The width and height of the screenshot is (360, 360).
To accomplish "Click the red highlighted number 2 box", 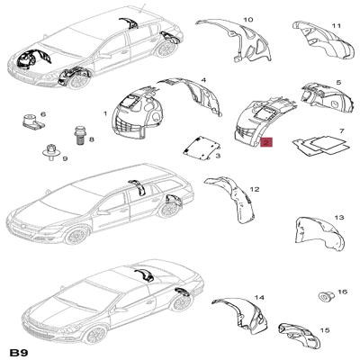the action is [x=266, y=142].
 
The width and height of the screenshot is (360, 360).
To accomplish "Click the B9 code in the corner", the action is [x=20, y=352].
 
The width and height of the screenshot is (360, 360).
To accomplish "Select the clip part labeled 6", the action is [x=31, y=121].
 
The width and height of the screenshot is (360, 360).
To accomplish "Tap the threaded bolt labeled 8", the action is [x=79, y=136].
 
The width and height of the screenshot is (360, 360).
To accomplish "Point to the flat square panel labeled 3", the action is [x=202, y=148].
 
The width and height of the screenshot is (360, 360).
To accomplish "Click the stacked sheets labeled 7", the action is [x=321, y=146].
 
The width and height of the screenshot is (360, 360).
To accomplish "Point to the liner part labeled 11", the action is [x=321, y=39].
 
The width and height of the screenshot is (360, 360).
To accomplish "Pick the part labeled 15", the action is [x=300, y=336].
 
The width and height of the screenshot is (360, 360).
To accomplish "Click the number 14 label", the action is [x=259, y=297].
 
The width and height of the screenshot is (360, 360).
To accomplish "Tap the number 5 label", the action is [x=338, y=82].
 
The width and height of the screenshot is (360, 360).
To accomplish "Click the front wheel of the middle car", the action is [x=76, y=237].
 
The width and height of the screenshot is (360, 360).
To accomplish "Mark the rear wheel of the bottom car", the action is [x=182, y=303].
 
